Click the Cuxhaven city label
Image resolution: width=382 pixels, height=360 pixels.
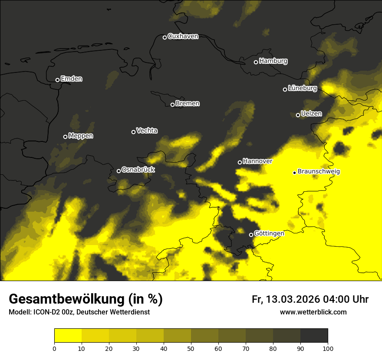tap(183, 36)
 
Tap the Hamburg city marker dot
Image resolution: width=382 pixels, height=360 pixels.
tap(256, 62)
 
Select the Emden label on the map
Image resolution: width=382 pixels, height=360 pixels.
tap(71, 79)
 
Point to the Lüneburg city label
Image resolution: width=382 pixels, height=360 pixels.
tap(303, 88)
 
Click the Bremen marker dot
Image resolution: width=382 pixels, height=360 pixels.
tap(172, 105)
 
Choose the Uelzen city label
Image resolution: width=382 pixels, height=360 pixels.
tap(311, 114)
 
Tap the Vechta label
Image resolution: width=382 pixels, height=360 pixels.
tap(147, 131)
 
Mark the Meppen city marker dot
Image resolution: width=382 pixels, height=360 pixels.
tap(65, 137)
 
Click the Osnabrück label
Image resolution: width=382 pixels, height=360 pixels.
tap(138, 170)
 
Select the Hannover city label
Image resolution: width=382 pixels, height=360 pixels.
tap(257, 161)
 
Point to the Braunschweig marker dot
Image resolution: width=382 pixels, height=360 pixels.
tap(294, 173)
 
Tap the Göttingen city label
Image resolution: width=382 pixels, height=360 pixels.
tap(269, 233)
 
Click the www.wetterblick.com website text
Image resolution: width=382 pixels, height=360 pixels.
tap(313, 312)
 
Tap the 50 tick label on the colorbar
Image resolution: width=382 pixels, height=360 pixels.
tap(191, 348)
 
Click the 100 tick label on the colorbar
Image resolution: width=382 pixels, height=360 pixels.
tap(327, 348)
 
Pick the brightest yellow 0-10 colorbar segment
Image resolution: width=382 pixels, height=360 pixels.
tap(68, 335)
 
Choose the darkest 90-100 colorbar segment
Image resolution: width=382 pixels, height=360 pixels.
tap(314, 335)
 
